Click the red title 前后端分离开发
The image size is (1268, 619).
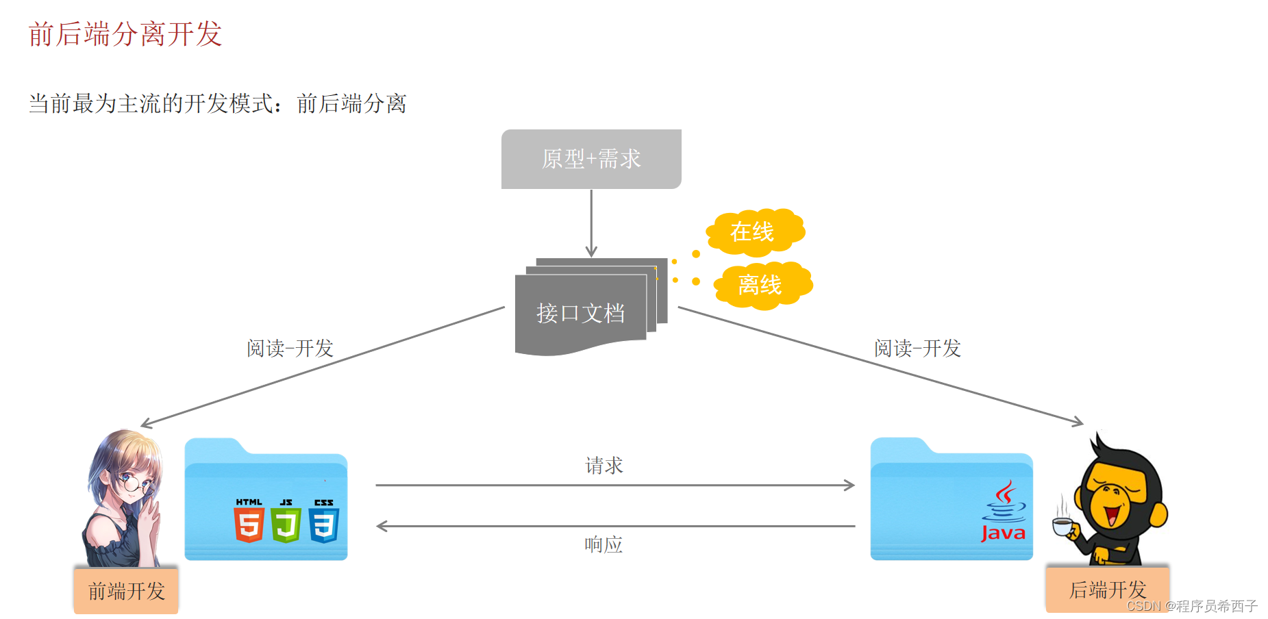click(x=125, y=34)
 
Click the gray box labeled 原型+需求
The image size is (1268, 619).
click(x=591, y=159)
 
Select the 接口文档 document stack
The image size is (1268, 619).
click(x=581, y=312)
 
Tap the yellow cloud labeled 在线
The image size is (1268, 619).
click(x=754, y=231)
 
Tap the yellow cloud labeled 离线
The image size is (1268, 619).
click(x=761, y=285)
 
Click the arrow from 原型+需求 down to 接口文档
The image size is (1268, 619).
click(x=591, y=223)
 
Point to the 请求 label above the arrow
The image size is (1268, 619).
click(x=604, y=466)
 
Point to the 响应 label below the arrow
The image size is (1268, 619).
click(x=604, y=544)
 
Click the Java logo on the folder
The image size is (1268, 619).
click(x=1004, y=514)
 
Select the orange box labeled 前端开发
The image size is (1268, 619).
click(x=126, y=590)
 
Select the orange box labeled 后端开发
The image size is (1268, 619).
click(x=1107, y=589)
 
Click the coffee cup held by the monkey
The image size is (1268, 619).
click(x=1063, y=526)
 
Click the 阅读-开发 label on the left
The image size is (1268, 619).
click(x=290, y=349)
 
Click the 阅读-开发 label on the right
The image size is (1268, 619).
click(x=917, y=349)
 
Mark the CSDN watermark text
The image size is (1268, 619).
click(x=1192, y=606)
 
